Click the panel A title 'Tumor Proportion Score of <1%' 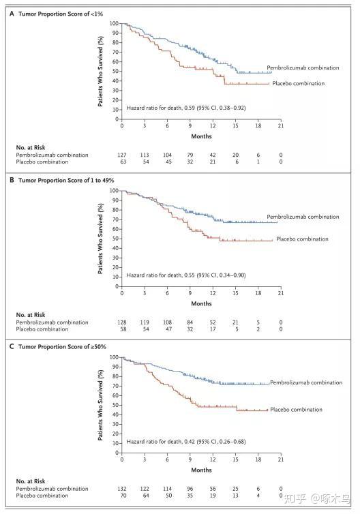(x=60, y=14)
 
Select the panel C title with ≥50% (x=62, y=347)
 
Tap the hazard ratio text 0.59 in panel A (x=186, y=108)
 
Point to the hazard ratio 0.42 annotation (x=186, y=442)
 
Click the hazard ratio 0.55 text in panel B (x=186, y=275)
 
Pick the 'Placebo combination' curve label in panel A (x=299, y=84)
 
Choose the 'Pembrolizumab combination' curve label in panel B (x=303, y=217)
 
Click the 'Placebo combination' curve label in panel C (x=296, y=410)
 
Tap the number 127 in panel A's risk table (x=122, y=155)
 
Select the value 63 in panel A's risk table (x=123, y=162)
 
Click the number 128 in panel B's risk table (x=122, y=322)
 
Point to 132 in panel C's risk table (x=122, y=488)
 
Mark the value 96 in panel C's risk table (x=190, y=488)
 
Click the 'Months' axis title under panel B (x=201, y=303)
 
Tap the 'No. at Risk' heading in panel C (x=31, y=481)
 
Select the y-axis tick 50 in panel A (x=115, y=71)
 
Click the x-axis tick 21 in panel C (x=281, y=459)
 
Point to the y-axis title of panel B (x=100, y=239)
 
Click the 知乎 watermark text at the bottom (x=295, y=498)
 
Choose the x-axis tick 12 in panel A (x=213, y=125)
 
